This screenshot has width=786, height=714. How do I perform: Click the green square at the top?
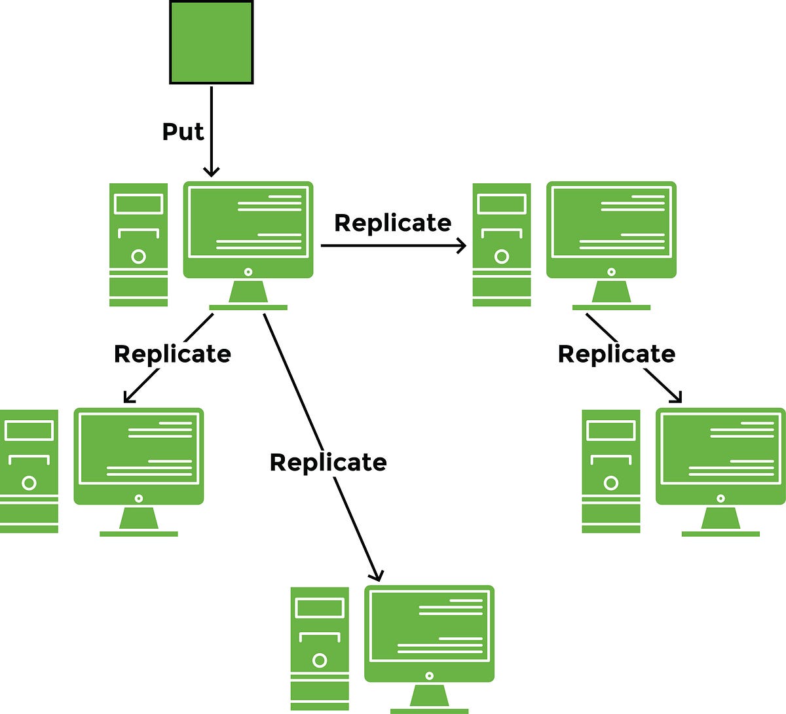click(212, 42)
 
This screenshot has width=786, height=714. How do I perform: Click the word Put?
click(183, 132)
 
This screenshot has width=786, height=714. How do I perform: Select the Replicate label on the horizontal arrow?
click(392, 223)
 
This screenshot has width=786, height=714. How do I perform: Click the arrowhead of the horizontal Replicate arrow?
click(462, 246)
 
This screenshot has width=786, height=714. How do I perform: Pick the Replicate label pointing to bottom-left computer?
click(172, 353)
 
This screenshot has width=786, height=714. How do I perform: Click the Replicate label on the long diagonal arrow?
click(328, 462)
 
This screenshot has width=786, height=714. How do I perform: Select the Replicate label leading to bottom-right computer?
click(616, 353)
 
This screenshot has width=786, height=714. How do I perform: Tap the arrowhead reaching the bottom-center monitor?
click(375, 576)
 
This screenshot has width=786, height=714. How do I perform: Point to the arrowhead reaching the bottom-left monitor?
click(128, 398)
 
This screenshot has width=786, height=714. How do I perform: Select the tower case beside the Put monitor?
click(138, 245)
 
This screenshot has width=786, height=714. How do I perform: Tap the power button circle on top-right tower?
click(502, 257)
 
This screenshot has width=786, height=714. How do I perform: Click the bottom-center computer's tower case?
click(320, 648)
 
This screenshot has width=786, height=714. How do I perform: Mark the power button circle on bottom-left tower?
click(29, 483)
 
